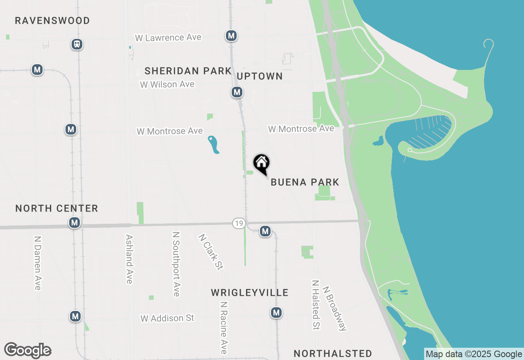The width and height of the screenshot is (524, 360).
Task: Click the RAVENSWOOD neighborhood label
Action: point(52,20)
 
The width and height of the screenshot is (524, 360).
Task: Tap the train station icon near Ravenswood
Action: point(77,44)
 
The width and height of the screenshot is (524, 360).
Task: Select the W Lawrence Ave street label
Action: point(168,38)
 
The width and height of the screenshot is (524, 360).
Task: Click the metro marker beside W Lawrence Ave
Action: point(231,36)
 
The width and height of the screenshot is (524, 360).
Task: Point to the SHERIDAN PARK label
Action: point(188,71)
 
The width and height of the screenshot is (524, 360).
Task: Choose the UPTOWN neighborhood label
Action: point(260,76)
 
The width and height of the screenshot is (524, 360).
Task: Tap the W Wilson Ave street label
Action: point(167,84)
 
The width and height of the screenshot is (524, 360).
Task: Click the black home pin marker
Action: point(262,164)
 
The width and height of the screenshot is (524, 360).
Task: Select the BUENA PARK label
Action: point(305,182)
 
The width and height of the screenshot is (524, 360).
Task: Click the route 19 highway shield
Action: point(239,223)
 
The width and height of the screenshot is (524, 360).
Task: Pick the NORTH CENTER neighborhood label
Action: point(56,208)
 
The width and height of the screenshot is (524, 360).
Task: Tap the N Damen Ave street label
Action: point(38,263)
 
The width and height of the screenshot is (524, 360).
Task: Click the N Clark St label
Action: point(210,252)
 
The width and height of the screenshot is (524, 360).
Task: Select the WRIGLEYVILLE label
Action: point(250,292)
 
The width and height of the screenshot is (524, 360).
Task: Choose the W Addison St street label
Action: point(167,318)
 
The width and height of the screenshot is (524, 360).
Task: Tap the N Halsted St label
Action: point(315,305)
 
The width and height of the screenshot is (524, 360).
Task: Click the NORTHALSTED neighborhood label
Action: point(333,353)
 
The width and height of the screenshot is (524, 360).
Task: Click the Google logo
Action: point(28,351)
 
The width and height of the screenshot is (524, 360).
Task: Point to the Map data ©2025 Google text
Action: point(474,354)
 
